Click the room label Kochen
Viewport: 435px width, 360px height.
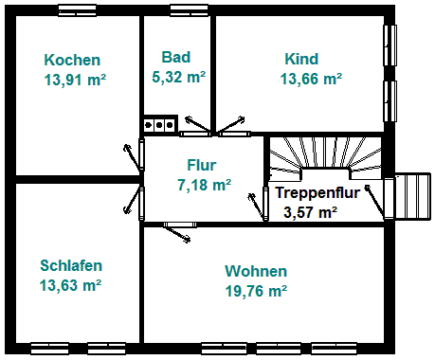[72, 60]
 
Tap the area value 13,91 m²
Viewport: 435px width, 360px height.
[75, 80]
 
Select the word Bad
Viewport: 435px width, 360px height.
[176, 57]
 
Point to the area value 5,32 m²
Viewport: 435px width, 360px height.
[179, 77]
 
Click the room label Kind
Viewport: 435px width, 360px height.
[301, 59]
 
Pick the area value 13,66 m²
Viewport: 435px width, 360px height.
[311, 79]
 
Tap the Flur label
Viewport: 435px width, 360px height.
[202, 165]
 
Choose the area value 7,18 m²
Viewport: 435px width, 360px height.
[205, 185]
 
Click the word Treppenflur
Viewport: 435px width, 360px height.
[317, 192]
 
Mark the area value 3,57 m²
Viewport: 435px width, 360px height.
[310, 212]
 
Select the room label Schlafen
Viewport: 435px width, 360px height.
[71, 265]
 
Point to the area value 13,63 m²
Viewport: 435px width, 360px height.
[70, 285]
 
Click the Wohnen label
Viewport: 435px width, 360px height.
[256, 271]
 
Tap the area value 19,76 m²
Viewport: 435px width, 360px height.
[256, 291]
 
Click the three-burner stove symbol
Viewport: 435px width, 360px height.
[159, 125]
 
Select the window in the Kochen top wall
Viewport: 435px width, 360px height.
[78, 10]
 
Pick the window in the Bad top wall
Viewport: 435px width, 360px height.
[189, 10]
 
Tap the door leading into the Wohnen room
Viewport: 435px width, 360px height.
[177, 231]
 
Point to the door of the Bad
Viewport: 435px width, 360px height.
[198, 126]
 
